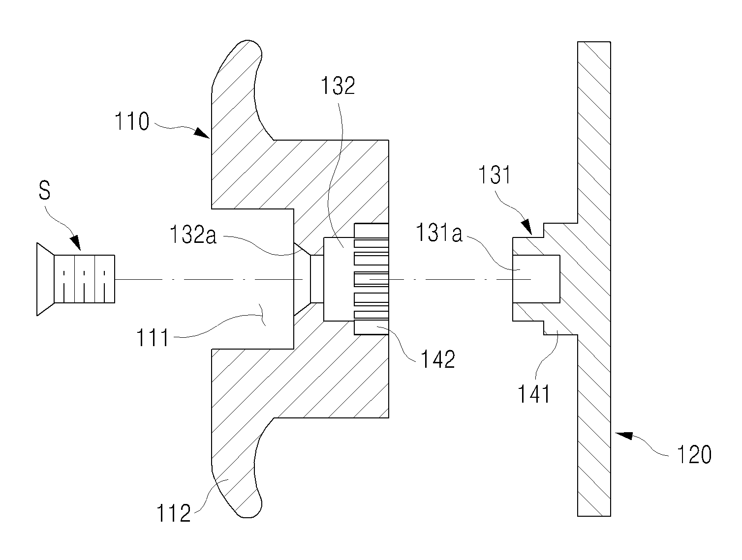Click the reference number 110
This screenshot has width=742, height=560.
tap(132, 121)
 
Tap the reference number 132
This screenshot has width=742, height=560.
tap(338, 86)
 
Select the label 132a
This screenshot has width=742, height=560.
tap(193, 235)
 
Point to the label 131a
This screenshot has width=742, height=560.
tap(439, 233)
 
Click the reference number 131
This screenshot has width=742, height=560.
tap(494, 175)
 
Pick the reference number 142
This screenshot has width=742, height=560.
tap(438, 359)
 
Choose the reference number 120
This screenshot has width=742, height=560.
tap(694, 454)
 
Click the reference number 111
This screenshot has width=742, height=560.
tap(152, 337)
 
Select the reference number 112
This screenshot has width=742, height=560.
tap(174, 513)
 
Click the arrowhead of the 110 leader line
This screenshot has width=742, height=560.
tap(202, 133)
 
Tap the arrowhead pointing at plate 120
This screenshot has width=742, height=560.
tap(623, 436)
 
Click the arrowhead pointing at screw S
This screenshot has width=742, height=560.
tap(76, 243)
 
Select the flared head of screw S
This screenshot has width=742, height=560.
tap(45, 279)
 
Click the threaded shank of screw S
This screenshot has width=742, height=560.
tap(84, 279)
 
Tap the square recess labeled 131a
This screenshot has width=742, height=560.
tap(536, 279)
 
